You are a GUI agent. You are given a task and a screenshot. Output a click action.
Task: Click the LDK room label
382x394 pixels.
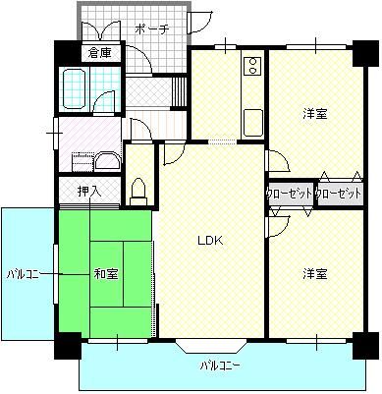pos(210,241)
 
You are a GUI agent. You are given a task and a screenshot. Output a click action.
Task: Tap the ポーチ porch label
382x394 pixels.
pos(152,29)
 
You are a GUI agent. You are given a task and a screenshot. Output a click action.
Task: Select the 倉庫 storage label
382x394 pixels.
pos(100,53)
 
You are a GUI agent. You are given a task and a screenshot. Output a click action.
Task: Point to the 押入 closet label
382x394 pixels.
pos(89,192)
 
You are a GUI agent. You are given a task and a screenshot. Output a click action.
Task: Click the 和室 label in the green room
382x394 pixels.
pos(106,274)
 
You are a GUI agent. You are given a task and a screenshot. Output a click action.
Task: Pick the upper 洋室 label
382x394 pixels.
pos(315,114)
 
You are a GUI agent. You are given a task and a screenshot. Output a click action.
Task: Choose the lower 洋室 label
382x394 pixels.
pos(315,274)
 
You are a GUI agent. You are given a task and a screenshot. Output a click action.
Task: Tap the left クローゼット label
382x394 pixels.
pos(290,194)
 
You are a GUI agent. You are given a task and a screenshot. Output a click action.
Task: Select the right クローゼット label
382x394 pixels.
pos(339,194)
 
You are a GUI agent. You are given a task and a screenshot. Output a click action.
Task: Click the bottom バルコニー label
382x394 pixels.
pos(221,366)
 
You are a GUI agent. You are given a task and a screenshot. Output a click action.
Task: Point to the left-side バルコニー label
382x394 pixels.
pos(23,274)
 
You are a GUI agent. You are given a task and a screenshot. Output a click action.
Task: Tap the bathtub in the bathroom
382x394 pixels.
pos(75,88)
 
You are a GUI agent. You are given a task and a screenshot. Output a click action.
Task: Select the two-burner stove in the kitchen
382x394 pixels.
pos(252,66)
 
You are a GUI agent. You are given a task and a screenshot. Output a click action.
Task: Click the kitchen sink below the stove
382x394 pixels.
pos(253,122)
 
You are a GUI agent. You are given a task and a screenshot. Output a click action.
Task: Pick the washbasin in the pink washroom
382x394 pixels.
pos(108,160)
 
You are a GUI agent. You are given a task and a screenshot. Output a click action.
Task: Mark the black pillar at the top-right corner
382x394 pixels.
pos(365,53)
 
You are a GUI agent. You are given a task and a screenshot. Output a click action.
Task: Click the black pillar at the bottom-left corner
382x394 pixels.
pos(68,346)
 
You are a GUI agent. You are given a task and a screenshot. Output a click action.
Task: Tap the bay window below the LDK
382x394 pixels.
pos(211,347)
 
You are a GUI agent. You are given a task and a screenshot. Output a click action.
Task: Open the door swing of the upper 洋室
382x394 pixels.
pos(278,160)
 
